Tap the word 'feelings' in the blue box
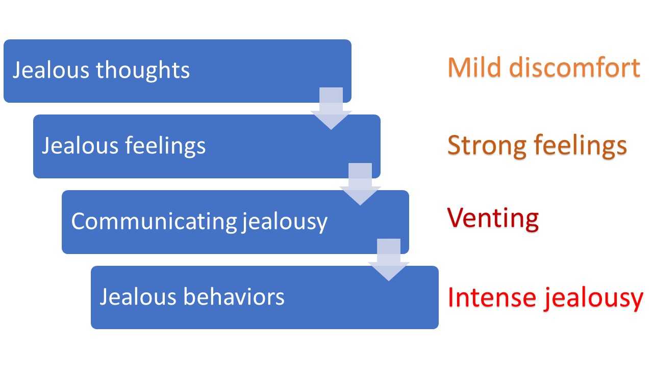[x=165, y=146]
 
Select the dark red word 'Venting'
[x=493, y=219]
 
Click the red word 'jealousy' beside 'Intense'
[x=592, y=298]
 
